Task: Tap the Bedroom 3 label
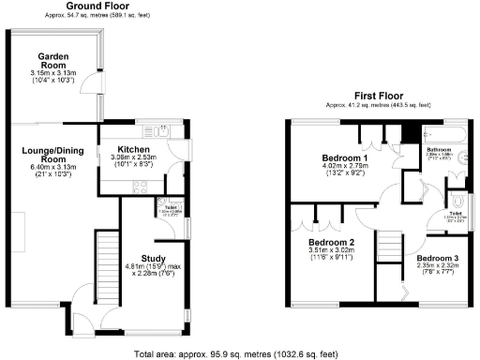pyautogui.click(x=437, y=258)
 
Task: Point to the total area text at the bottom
pyautogui.click(x=239, y=353)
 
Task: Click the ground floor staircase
pyautogui.click(x=111, y=262)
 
